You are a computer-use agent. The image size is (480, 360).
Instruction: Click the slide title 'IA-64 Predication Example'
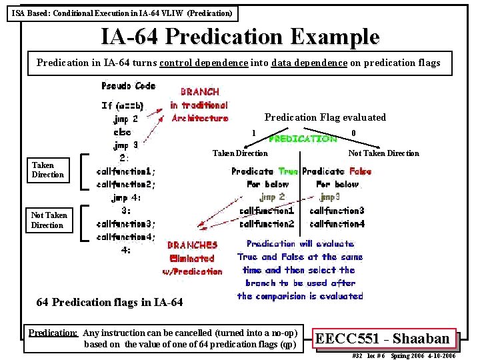(240, 37)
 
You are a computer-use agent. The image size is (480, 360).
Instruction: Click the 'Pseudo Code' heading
(128, 86)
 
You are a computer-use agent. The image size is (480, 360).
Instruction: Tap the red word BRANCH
(199, 92)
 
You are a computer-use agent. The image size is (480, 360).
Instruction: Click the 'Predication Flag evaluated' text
(325, 117)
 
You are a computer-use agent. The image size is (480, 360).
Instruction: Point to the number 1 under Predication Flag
(253, 133)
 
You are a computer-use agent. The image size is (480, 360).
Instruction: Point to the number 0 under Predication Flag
(353, 133)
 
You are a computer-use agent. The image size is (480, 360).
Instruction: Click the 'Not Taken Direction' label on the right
(383, 153)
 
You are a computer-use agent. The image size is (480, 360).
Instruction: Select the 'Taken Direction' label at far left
(47, 169)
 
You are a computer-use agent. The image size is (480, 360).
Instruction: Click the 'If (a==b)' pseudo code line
(123, 105)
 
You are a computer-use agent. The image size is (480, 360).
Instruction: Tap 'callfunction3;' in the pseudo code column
(125, 223)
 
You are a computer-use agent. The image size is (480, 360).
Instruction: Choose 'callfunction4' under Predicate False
(337, 224)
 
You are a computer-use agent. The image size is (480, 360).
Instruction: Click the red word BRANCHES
(192, 245)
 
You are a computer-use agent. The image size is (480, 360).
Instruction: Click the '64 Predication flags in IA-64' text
(109, 302)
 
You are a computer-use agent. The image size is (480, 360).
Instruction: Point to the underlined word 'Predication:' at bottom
(53, 333)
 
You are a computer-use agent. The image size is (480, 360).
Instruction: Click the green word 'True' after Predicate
(288, 171)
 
